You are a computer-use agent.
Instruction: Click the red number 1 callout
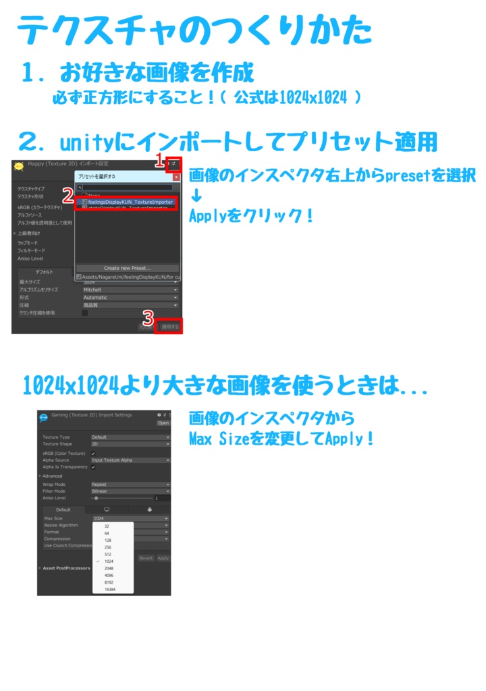160,161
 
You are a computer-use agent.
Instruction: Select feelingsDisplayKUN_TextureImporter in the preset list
130,202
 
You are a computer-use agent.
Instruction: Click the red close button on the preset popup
176,177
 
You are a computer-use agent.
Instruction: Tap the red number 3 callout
148,317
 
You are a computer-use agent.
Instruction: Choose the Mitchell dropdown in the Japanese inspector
130,289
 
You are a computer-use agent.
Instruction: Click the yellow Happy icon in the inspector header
19,165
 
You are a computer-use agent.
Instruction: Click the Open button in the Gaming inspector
163,423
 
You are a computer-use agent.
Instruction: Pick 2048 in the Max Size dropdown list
109,568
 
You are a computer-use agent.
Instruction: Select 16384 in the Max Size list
110,589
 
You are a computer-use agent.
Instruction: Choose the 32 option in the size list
107,526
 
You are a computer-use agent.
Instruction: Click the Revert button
146,558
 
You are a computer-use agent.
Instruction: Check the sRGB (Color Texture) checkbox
93,453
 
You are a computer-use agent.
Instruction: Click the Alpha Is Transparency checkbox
93,467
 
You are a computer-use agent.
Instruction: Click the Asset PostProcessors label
67,568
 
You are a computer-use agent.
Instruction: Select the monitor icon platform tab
107,509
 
